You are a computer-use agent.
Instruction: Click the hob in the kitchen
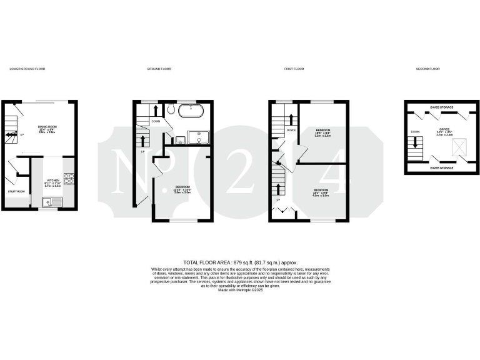[x=70, y=179]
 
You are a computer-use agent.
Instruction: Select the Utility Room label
[x=16, y=191]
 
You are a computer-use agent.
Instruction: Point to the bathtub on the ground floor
[x=190, y=112]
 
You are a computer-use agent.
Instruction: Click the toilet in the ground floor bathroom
[x=170, y=110]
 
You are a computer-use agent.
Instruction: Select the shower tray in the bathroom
[x=199, y=137]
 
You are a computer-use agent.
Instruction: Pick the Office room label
[x=444, y=131]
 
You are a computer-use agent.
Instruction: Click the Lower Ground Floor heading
[x=27, y=69]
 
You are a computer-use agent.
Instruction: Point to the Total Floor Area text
[x=240, y=262]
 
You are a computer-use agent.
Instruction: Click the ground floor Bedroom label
[x=182, y=188]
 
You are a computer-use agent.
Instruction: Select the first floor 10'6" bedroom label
[x=322, y=132]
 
